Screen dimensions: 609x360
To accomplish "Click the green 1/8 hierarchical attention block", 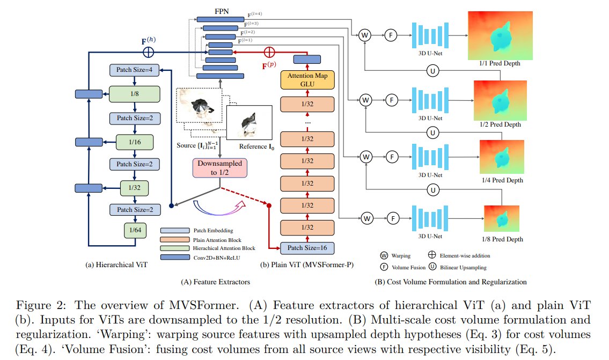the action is coord(134,94).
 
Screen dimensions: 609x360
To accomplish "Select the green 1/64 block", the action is coord(135,230).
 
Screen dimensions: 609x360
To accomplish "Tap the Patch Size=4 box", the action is coord(134,70).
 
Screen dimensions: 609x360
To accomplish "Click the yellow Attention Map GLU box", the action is coord(307,80).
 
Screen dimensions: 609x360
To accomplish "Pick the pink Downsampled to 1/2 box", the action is coord(220,168).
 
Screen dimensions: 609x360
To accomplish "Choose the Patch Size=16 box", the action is coord(307,248).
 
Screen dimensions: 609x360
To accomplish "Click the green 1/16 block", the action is coord(135,142).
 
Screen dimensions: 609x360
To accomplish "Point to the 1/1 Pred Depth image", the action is coord(500,35).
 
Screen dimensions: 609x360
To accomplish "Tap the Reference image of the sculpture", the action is coord(250,122).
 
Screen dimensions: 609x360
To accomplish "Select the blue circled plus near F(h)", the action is coord(149,52).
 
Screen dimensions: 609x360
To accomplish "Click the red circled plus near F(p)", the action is coord(269,52).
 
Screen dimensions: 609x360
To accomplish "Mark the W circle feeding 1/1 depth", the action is coord(364,35).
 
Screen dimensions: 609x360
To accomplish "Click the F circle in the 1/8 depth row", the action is coord(393,218).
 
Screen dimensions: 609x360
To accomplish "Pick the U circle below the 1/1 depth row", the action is coord(432,71).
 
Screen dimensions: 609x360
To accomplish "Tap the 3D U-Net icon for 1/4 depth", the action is coord(430,157).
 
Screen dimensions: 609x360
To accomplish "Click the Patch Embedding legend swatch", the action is coord(175,231).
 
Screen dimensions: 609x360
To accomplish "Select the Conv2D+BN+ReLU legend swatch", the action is coord(175,258).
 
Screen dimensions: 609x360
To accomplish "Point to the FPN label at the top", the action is coord(222,11).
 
